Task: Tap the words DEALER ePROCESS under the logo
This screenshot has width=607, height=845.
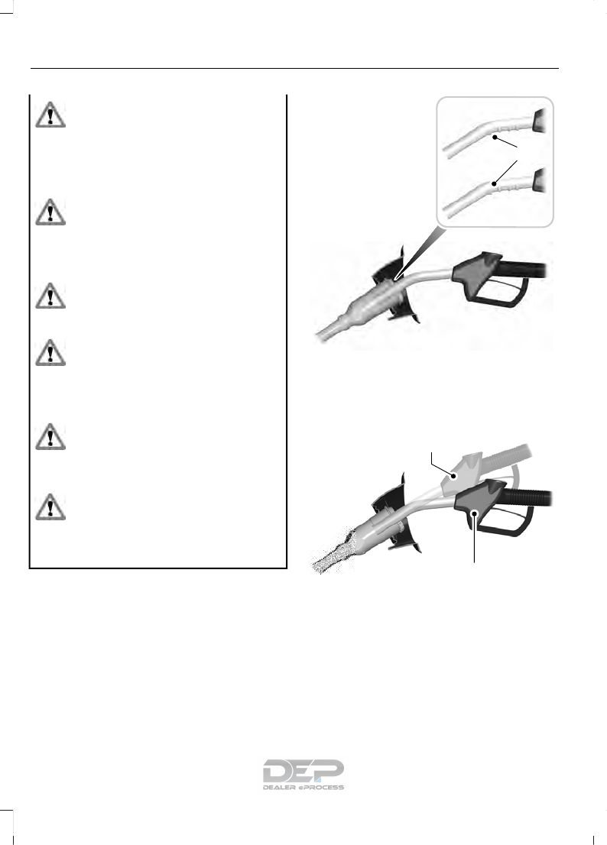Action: click(x=303, y=786)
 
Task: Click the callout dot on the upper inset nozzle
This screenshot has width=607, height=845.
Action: click(x=496, y=138)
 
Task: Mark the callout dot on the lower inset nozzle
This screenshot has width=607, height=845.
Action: click(x=495, y=184)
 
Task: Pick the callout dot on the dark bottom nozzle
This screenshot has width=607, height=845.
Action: click(x=476, y=513)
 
